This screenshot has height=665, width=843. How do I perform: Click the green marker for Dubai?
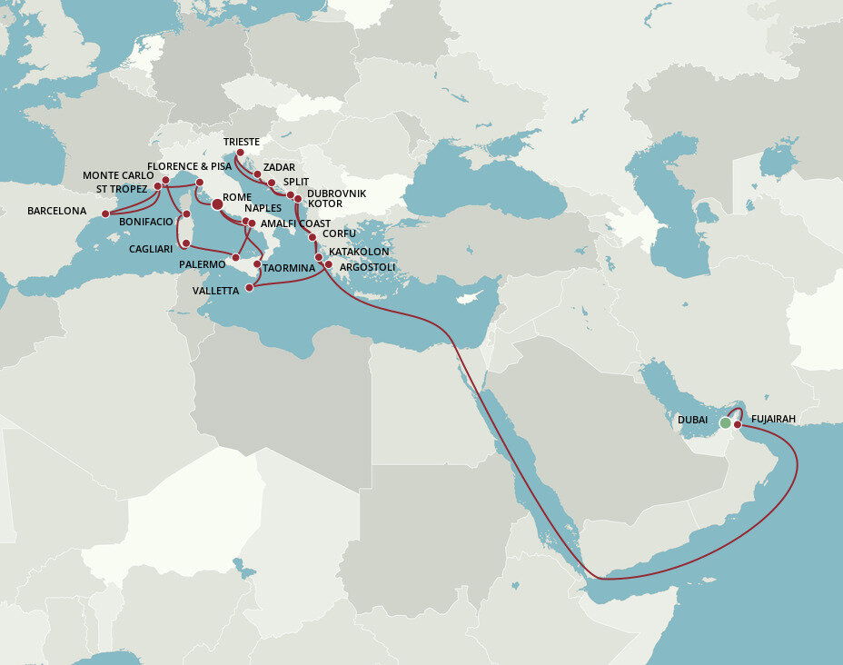725,422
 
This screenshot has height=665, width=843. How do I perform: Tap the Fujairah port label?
773,419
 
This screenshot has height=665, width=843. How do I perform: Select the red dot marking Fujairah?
738,424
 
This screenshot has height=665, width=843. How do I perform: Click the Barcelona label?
56,211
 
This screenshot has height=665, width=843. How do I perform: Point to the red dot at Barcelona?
105,214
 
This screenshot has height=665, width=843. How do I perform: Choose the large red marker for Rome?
217,205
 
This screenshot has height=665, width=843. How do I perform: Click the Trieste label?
241,142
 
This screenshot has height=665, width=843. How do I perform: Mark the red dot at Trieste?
240,153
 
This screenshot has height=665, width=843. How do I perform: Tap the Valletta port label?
215,291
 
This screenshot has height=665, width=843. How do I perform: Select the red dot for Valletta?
250,287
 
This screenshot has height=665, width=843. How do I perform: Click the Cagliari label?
150,249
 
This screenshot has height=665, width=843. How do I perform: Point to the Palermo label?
203,264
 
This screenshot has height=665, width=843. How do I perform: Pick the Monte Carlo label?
118,175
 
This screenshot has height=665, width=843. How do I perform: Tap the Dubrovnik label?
336,194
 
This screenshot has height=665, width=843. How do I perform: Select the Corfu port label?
339,233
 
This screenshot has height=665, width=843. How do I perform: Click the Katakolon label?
359,251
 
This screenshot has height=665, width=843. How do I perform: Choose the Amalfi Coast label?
295,223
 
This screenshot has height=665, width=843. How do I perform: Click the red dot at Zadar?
257,174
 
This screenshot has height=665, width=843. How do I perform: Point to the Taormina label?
289,268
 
